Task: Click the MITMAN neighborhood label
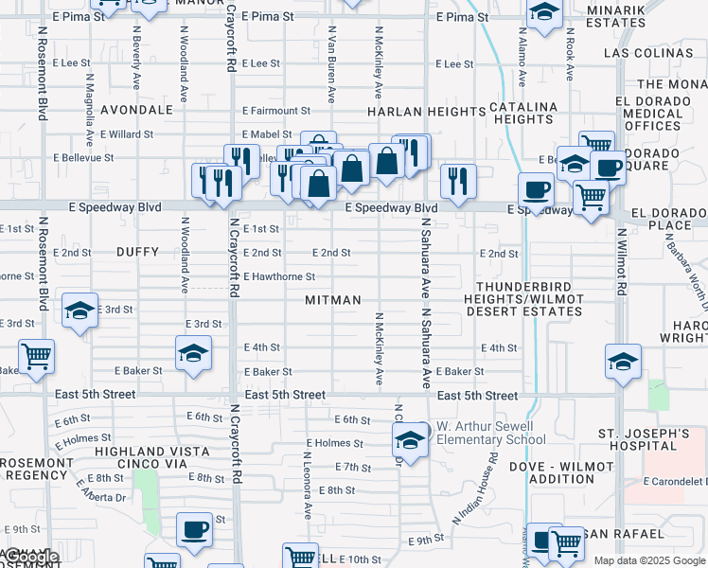(x=333, y=300)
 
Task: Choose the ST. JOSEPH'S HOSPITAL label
(x=650, y=440)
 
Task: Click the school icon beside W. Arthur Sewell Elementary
(x=409, y=439)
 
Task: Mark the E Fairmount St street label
(x=275, y=111)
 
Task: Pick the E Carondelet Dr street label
(x=675, y=481)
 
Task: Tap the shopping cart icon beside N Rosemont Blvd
(x=35, y=357)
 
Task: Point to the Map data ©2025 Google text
(x=649, y=560)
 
